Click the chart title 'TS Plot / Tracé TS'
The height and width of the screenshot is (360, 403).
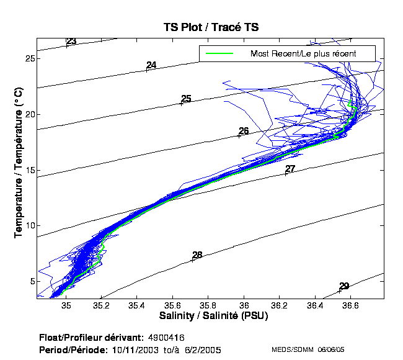click(x=211, y=27)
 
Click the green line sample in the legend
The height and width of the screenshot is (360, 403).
click(x=219, y=53)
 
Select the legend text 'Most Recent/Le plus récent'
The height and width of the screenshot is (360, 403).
click(x=303, y=53)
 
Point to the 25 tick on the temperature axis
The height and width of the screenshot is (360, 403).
click(x=29, y=58)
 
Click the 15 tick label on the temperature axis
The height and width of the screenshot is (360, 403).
click(x=29, y=170)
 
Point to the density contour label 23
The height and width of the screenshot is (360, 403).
click(x=71, y=42)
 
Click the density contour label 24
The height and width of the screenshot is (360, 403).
click(x=151, y=65)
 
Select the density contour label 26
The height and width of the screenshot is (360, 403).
click(x=244, y=131)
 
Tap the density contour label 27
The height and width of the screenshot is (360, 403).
click(x=290, y=169)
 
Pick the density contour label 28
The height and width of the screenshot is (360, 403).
click(x=197, y=255)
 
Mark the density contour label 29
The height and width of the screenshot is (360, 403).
click(x=344, y=286)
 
